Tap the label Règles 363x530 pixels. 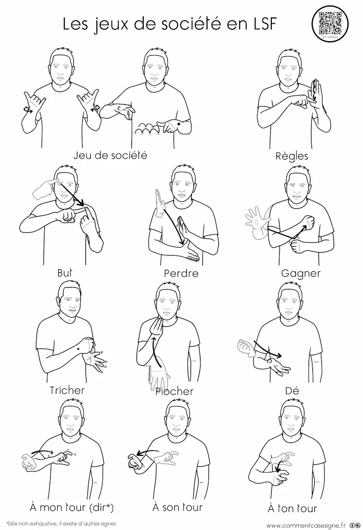coord(292,156)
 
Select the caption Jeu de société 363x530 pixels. coord(110,155)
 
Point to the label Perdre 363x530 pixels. coord(181,273)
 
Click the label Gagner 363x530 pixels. coord(301,274)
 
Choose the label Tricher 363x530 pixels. coord(67,390)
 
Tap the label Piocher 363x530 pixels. coord(174,392)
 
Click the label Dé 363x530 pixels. coord(292,391)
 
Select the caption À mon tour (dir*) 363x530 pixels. coord(72,507)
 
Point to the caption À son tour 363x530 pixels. coord(178,507)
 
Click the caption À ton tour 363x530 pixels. coord(292,508)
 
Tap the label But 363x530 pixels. coord(65,273)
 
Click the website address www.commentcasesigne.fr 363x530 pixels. coord(306,525)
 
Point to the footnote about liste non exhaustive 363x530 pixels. coord(61,523)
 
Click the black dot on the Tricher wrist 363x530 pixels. coord(78,349)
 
